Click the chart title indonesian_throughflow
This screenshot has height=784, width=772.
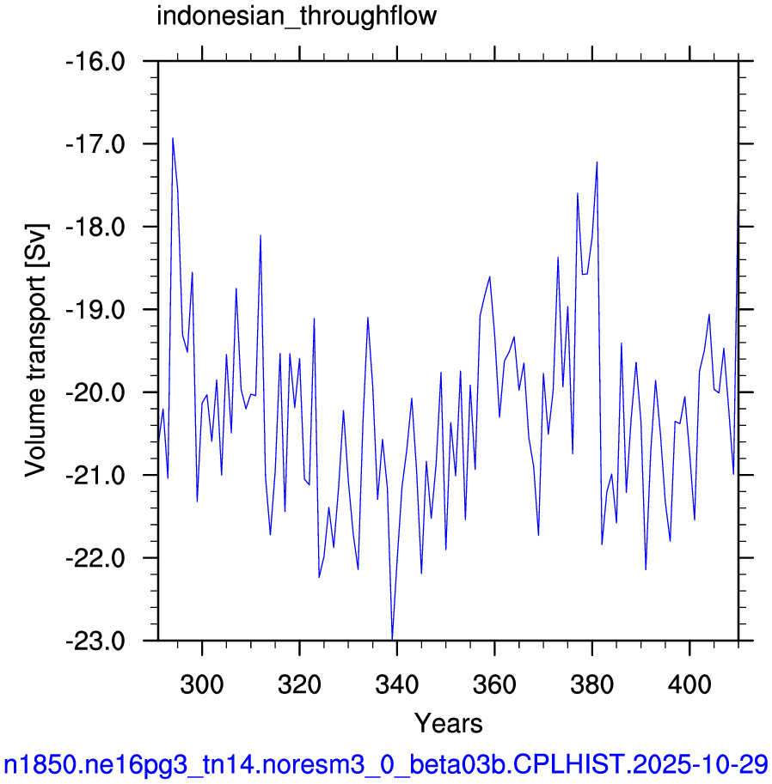[297, 17]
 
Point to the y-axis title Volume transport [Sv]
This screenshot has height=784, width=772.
[35, 350]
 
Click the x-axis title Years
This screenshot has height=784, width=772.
[448, 724]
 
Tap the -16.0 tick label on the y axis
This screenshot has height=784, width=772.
[95, 62]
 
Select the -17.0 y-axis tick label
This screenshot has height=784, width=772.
[95, 144]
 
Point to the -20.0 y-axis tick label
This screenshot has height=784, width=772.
[95, 392]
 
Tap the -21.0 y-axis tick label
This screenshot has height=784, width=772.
[95, 475]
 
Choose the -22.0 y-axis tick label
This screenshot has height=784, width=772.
[95, 558]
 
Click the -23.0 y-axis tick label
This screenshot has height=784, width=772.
[95, 641]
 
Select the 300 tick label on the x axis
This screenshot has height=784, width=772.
[202, 684]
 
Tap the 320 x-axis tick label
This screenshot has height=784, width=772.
[299, 684]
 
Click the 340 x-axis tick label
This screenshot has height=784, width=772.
[397, 684]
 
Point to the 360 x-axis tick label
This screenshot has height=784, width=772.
[494, 684]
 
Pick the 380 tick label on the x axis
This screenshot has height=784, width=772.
[592, 684]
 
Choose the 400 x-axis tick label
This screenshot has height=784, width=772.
[689, 684]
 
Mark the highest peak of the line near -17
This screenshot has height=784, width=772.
[173, 138]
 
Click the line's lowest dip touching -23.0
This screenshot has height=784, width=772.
[393, 639]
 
